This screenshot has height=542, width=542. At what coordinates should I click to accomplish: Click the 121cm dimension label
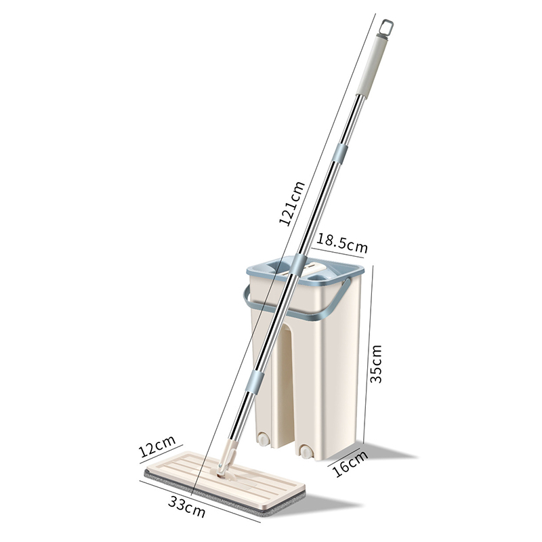click(292, 203)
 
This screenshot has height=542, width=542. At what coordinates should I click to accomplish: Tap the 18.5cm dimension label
click(342, 243)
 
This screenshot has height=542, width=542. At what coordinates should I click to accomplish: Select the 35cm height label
click(376, 364)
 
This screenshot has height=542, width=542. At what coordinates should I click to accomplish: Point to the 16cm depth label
click(350, 464)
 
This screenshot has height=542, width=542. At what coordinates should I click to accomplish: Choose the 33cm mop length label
click(187, 506)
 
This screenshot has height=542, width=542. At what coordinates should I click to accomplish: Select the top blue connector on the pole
click(339, 153)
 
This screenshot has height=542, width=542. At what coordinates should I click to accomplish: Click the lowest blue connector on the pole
click(256, 381)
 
